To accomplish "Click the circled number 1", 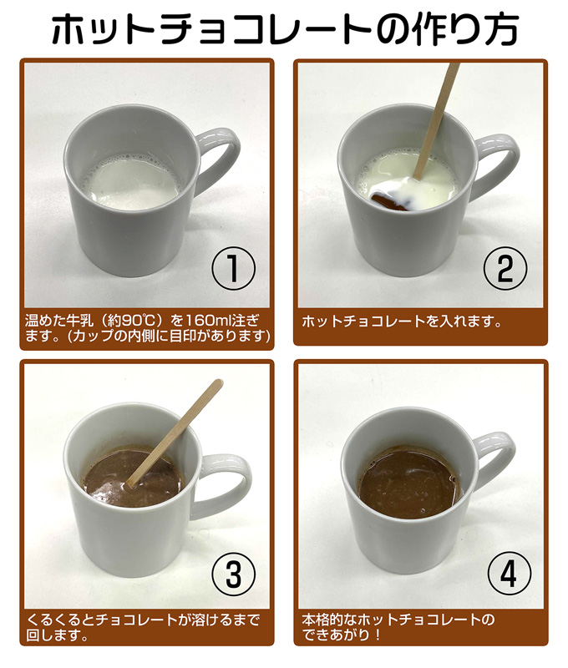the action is click(x=234, y=269).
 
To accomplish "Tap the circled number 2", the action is click(x=505, y=269).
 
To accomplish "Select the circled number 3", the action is click(x=234, y=574).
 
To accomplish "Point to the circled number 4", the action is click(x=510, y=574).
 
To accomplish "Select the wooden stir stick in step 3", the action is click(x=175, y=433).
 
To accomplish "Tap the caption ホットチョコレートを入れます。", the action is click(x=402, y=321).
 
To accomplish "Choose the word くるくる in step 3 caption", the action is click(x=54, y=620).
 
